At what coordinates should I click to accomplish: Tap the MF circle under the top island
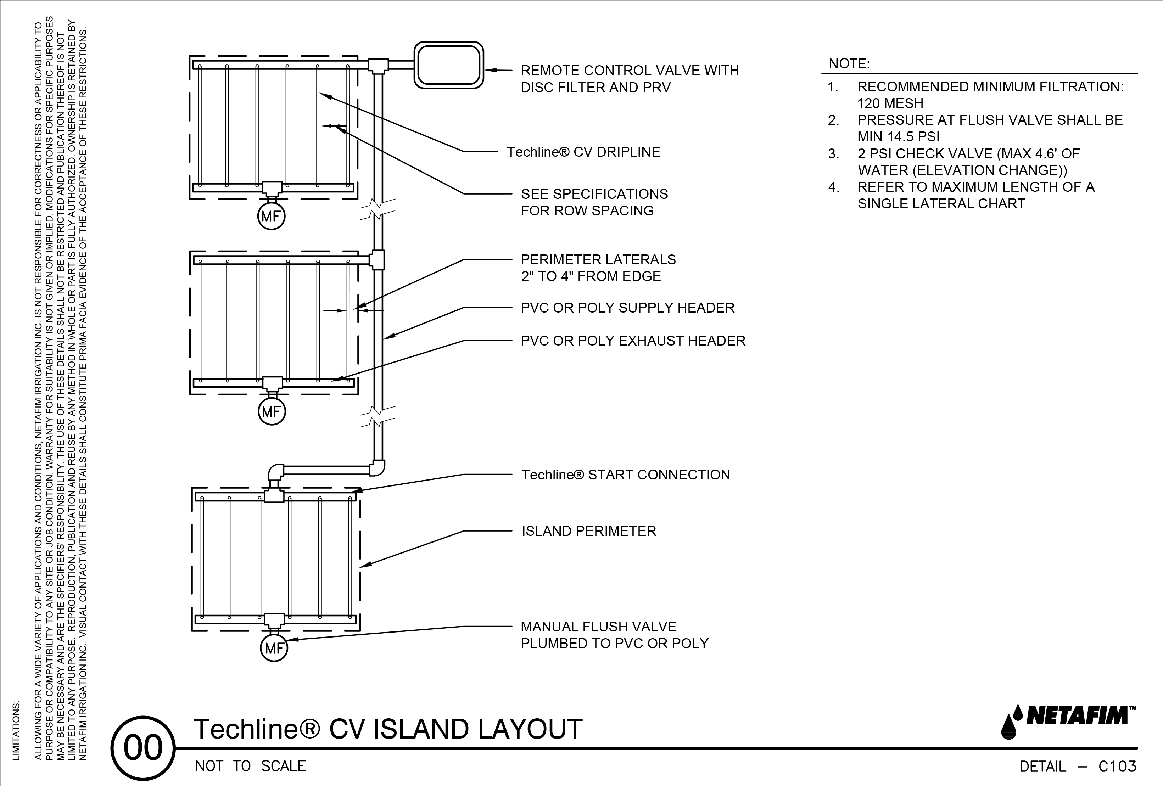271,217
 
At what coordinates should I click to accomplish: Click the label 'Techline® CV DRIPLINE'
583,152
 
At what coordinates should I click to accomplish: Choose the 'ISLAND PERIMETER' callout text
588,531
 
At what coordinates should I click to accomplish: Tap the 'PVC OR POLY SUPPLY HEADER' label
627,308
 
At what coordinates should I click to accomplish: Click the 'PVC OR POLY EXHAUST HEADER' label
633,341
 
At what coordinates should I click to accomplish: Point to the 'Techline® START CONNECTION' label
626,475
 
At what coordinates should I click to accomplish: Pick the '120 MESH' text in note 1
890,103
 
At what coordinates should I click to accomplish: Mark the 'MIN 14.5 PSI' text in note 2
898,136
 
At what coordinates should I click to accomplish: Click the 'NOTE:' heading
849,64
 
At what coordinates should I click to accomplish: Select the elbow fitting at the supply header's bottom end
378,468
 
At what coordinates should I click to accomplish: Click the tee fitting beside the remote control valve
378,65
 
